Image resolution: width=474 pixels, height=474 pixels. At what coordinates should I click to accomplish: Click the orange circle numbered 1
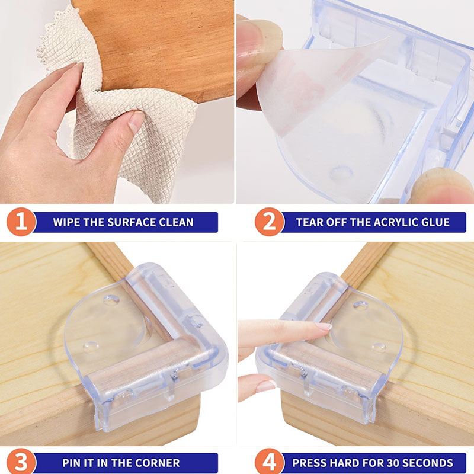coord(21,222)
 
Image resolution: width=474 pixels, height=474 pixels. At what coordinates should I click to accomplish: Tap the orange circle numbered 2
coord(270,222)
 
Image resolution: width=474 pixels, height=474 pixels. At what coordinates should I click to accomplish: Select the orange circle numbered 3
coord(21,463)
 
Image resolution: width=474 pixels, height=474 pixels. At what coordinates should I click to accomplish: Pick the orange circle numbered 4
coord(270,463)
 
